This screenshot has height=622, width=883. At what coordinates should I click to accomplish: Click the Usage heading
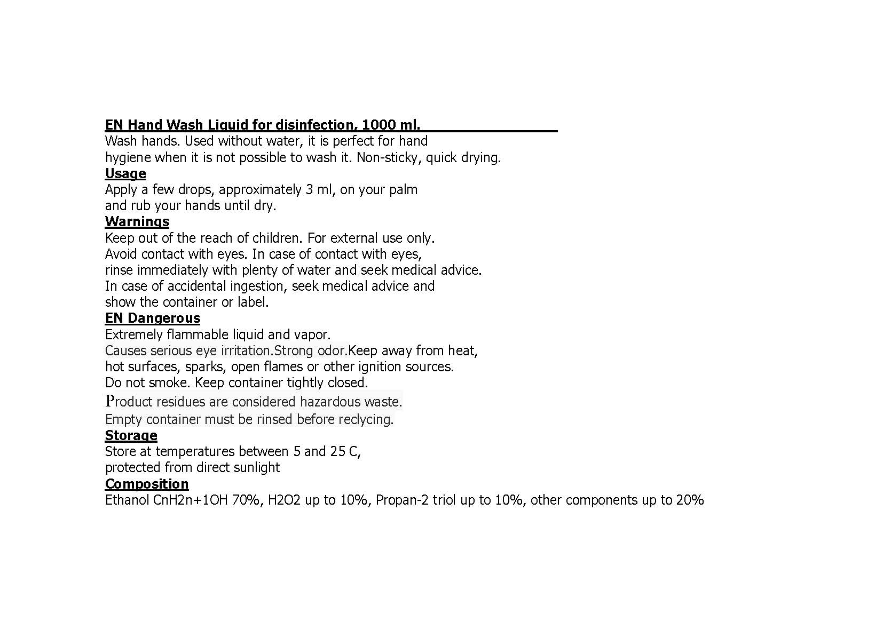coord(125,174)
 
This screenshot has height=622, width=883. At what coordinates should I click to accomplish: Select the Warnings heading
coord(137,222)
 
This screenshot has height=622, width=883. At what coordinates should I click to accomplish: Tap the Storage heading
coord(131,436)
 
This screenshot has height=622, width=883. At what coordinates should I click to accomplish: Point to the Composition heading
coord(147,484)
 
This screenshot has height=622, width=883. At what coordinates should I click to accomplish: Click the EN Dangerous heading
coord(153,318)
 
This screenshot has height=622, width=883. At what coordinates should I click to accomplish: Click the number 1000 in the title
coord(378,125)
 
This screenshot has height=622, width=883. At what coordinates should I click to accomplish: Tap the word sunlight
coord(258,468)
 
